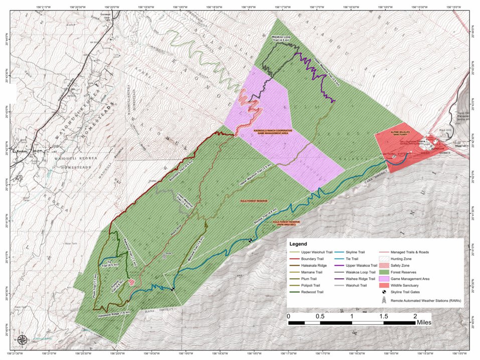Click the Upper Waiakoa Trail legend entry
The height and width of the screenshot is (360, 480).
coord(362,266)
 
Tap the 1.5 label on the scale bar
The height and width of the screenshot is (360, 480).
coord(384,316)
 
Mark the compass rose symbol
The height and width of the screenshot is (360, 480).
coord(23,340)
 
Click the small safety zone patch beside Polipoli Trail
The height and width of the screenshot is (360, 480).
coord(131,283)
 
